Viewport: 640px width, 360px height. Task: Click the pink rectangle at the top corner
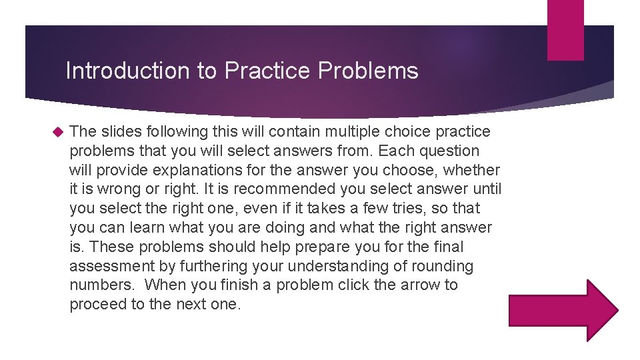565,30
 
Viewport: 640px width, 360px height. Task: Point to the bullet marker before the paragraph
56,132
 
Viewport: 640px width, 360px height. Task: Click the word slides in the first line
118,132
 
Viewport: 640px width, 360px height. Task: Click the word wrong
117,189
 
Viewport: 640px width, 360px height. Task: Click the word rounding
441,266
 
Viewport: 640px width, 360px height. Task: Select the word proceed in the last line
96,304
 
